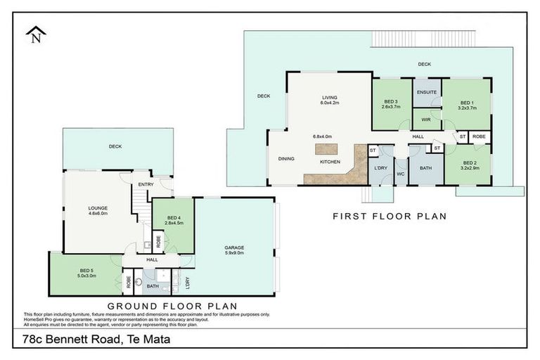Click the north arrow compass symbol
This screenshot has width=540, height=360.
click(34, 36)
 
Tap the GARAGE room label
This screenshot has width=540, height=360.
click(234, 247)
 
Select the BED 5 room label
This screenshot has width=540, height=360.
click(87, 271)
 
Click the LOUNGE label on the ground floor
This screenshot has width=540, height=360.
click(98, 208)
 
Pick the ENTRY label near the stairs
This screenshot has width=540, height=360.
click(146, 184)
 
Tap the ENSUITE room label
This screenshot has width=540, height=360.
click(426, 92)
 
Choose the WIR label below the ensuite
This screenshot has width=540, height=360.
click(426, 120)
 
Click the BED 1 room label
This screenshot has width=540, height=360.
click(468, 103)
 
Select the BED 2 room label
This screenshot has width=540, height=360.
click(470, 165)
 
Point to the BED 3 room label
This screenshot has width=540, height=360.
click(392, 103)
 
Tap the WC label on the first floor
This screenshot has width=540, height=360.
click(400, 173)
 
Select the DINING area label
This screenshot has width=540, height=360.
click(286, 159)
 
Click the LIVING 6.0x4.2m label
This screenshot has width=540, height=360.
click(330, 100)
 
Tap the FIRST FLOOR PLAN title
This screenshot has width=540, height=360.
click(390, 217)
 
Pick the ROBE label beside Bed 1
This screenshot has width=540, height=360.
click(479, 136)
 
